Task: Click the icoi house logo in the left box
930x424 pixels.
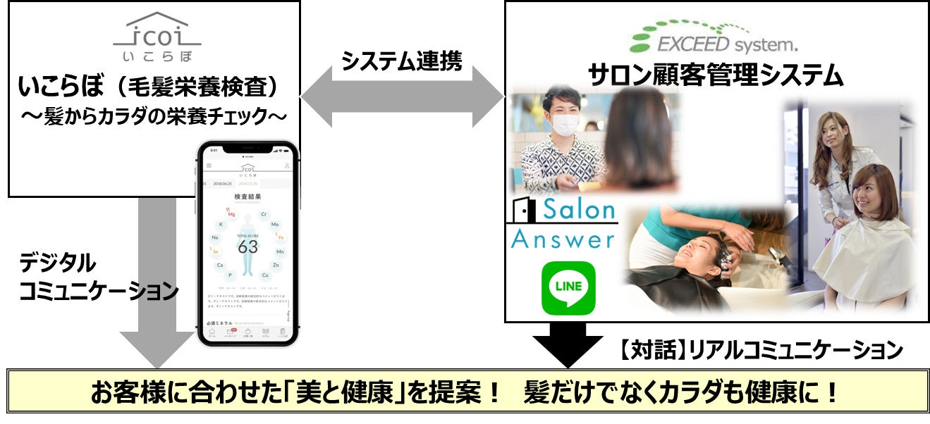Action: pyautogui.click(x=157, y=32)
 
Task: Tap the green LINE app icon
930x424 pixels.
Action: pyautogui.click(x=568, y=288)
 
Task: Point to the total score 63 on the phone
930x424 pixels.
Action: pyautogui.click(x=247, y=246)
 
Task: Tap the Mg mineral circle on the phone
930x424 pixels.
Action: pyautogui.click(x=231, y=213)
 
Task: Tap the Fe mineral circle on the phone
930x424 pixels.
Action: pyautogui.click(x=280, y=237)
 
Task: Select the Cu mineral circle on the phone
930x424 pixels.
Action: pyautogui.click(x=265, y=275)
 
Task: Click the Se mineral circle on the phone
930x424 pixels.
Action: pyautogui.click(x=215, y=251)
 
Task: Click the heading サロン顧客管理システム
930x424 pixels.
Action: pyautogui.click(x=716, y=74)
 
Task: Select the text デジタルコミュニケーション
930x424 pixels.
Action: pyautogui.click(x=99, y=276)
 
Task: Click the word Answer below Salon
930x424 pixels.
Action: pyautogui.click(x=563, y=239)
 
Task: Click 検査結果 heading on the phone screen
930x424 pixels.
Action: pyautogui.click(x=247, y=197)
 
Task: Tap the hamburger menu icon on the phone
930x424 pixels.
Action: pyautogui.click(x=208, y=166)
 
